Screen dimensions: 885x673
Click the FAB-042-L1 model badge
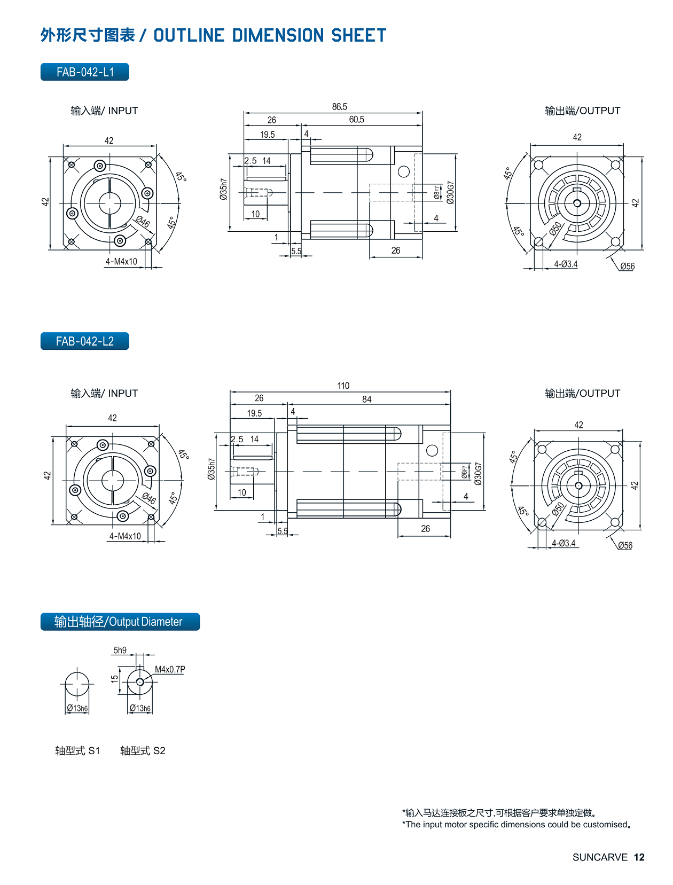pyautogui.click(x=85, y=72)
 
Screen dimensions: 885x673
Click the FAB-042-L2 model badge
pyautogui.click(x=85, y=341)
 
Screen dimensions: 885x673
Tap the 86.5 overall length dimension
pyautogui.click(x=339, y=107)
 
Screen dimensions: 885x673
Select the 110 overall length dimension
pyautogui.click(x=343, y=386)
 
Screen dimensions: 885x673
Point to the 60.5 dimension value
pyautogui.click(x=357, y=120)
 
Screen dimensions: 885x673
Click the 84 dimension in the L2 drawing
pyautogui.click(x=366, y=399)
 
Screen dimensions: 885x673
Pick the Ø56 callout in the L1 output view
pyautogui.click(x=627, y=267)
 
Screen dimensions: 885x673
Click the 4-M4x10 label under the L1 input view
pyautogui.click(x=121, y=262)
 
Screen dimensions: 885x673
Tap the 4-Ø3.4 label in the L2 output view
pyautogui.click(x=564, y=543)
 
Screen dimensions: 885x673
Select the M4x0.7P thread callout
pyautogui.click(x=170, y=669)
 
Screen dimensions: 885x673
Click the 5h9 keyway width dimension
pyautogui.click(x=120, y=650)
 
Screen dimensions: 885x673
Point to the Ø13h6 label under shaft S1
pyautogui.click(x=77, y=708)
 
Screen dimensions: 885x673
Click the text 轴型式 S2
pyautogui.click(x=143, y=750)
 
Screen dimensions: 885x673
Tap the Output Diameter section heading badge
pyautogui.click(x=120, y=622)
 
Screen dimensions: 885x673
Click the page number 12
pyautogui.click(x=639, y=857)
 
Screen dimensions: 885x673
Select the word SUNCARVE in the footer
pyautogui.click(x=600, y=857)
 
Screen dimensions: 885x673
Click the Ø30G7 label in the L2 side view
pyautogui.click(x=478, y=474)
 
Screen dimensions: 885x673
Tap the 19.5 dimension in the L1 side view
pyautogui.click(x=267, y=135)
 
